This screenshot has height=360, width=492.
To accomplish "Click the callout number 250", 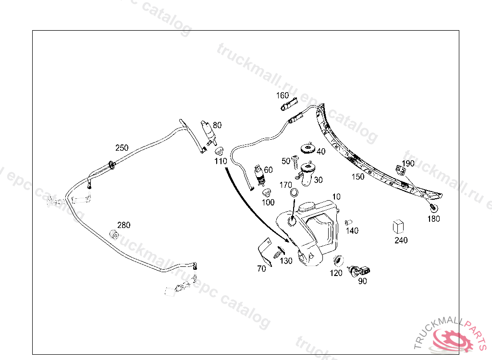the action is (x=122, y=148).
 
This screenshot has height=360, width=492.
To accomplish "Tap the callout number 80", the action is (x=217, y=125).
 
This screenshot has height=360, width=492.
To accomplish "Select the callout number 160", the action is (x=283, y=96).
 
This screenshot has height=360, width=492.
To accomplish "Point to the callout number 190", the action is (x=408, y=164).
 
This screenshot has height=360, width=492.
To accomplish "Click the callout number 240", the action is (x=401, y=240).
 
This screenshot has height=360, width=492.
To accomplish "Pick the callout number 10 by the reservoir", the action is (x=336, y=197).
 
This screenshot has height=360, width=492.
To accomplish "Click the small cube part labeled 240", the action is (x=398, y=227).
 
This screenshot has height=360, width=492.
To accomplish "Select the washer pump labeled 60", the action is (x=259, y=176).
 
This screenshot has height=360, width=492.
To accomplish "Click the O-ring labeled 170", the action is (x=294, y=193).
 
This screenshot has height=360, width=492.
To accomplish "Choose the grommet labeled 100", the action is (x=267, y=192).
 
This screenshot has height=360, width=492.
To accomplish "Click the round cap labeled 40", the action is (x=307, y=149).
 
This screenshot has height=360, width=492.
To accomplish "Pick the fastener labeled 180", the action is (x=433, y=207).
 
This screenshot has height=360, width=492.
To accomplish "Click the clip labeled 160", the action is (x=289, y=104).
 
